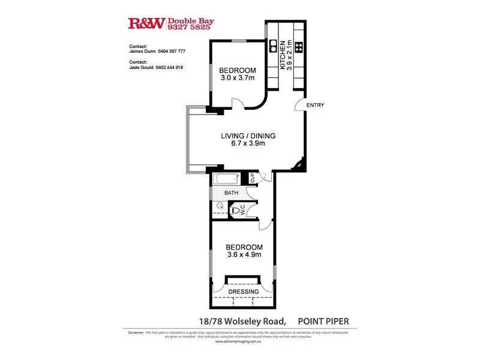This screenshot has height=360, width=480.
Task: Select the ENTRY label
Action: point(315,106)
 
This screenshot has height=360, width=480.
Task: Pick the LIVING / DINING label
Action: point(244,135)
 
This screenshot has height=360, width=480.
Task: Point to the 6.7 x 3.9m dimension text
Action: point(244,143)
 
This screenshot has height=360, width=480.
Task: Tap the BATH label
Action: point(231,193)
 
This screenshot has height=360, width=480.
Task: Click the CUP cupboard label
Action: point(253,178)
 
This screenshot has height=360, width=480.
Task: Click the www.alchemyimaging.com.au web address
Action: point(240,341)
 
